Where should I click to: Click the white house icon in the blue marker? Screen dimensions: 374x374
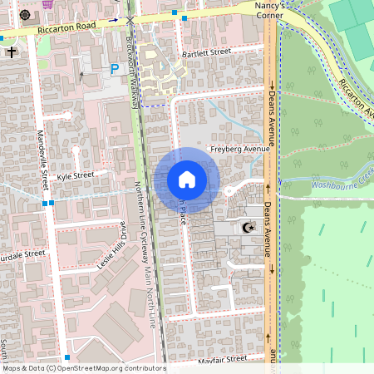coord(186,180)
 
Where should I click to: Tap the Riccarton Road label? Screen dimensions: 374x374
coord(66,27)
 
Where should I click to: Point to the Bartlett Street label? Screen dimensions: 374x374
coord(205,52)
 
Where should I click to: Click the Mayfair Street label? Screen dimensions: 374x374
coord(222,360)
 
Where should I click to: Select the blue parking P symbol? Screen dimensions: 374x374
coord(115,71)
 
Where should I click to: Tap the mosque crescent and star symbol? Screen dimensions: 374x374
coord(246,227)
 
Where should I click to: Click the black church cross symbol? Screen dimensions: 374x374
coord(12,52)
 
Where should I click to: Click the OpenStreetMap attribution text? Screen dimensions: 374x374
coord(83,368)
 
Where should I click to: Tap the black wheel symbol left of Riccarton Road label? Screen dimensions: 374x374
coord(23,16)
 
